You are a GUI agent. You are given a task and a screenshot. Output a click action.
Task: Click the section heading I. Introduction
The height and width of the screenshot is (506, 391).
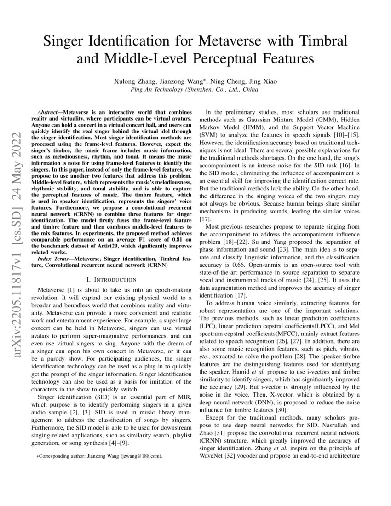coord(111,279)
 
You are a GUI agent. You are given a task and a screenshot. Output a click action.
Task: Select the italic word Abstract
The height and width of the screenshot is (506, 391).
coord(49,112)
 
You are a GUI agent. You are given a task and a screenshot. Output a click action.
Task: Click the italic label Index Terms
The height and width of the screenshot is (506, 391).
coord(55,260)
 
